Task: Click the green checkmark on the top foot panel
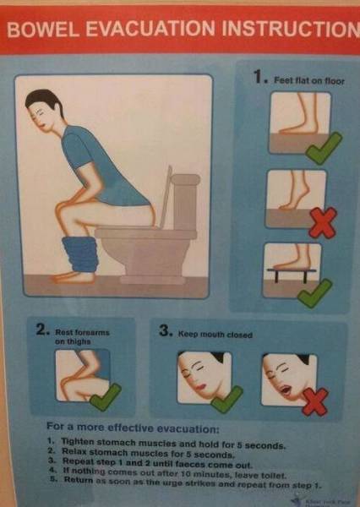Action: tap(325, 150)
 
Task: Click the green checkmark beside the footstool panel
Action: tap(314, 293)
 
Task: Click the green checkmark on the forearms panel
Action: tap(106, 395)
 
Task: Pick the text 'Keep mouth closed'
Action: tap(215, 335)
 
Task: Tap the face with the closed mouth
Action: tap(200, 376)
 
